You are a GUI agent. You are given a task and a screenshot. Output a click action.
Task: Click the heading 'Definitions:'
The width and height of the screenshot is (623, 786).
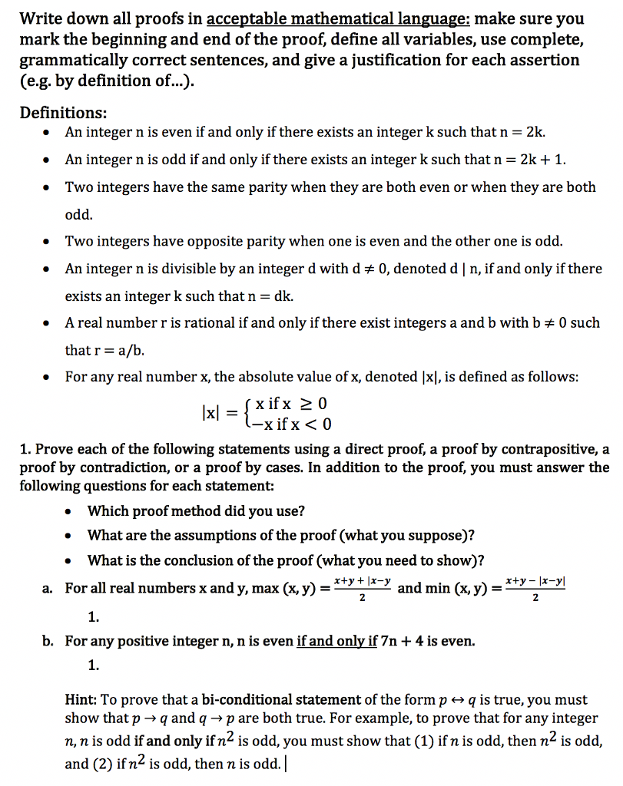[x=64, y=113]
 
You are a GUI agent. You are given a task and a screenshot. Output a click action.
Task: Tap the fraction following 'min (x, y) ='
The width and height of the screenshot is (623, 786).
[x=535, y=589]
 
